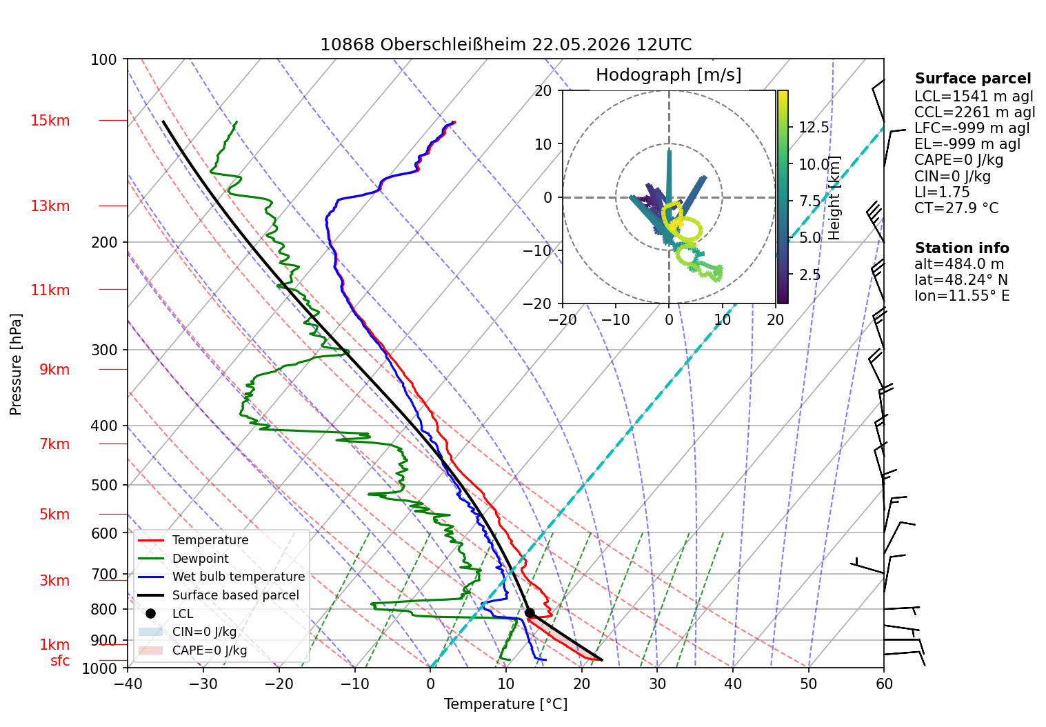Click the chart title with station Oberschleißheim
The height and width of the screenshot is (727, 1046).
tap(505, 45)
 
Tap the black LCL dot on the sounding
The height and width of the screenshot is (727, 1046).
tap(530, 613)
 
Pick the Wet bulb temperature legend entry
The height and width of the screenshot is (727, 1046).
tap(222, 577)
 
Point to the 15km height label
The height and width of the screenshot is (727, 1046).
tap(50, 121)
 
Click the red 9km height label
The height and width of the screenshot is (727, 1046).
tap(54, 370)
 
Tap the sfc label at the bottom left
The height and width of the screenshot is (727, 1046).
tap(60, 661)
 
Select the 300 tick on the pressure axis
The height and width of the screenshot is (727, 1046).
tap(104, 350)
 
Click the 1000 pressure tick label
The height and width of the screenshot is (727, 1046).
tap(99, 668)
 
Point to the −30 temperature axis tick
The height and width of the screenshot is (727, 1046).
tap(203, 684)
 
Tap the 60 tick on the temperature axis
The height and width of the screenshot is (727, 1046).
tap(884, 684)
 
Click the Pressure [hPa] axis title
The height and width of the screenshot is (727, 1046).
tap(16, 364)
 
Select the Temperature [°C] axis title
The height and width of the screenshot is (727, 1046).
tap(505, 704)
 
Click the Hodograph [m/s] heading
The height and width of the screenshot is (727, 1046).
tap(669, 74)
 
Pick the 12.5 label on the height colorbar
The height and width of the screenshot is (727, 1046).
tap(814, 127)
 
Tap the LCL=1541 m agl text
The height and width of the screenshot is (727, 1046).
tap(974, 97)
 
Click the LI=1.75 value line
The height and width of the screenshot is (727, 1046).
tap(942, 192)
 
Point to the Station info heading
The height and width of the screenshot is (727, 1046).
tap(962, 248)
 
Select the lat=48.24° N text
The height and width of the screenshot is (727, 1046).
tap(961, 280)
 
